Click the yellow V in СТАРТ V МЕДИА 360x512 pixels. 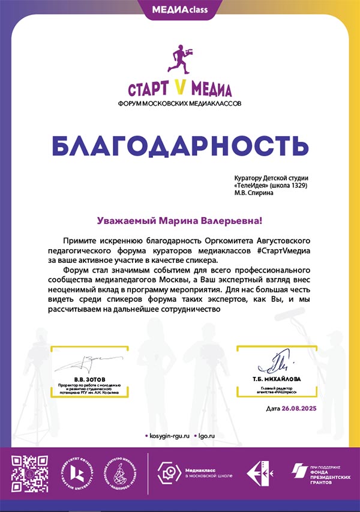(x=181, y=89)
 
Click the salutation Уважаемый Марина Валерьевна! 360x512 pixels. (x=179, y=221)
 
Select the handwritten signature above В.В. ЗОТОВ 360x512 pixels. (x=84, y=362)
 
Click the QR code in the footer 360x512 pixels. (x=29, y=474)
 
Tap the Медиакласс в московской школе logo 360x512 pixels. (x=192, y=473)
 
